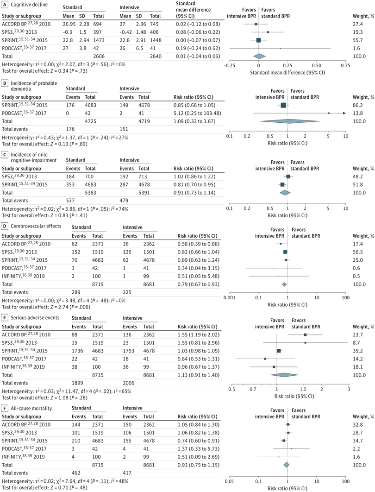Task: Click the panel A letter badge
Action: tap(5, 5)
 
